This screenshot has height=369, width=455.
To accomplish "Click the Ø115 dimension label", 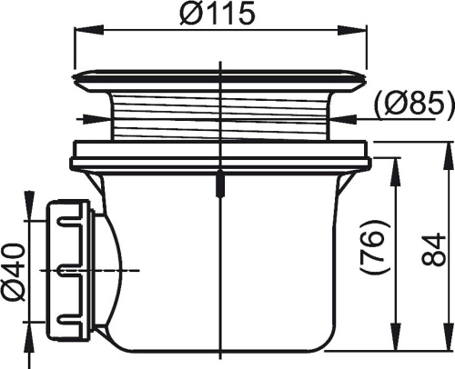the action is click(217, 14).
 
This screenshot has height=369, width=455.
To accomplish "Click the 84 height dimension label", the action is click(434, 249).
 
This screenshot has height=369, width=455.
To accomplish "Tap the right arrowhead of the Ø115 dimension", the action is click(353, 29).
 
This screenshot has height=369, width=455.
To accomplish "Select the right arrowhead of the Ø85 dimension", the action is click(342, 119).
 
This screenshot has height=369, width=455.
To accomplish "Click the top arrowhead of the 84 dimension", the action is click(448, 155).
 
